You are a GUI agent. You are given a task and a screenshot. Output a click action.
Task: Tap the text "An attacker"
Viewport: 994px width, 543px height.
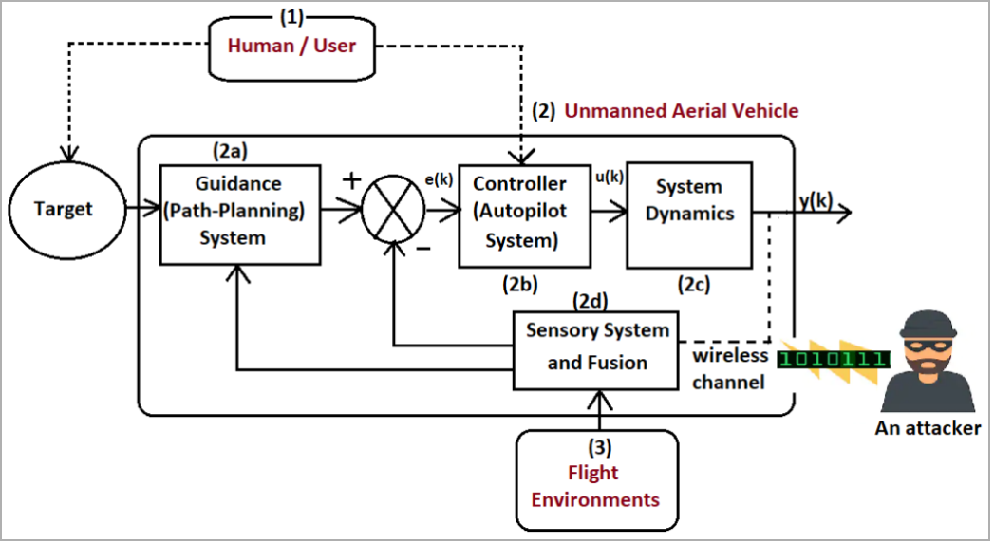(x=928, y=428)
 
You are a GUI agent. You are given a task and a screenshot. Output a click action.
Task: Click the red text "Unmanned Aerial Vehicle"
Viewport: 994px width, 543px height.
(x=682, y=111)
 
